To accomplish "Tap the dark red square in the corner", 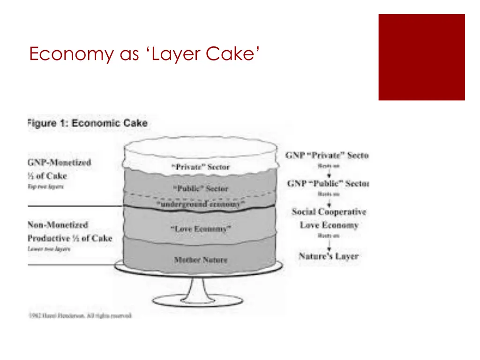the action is point(421,57).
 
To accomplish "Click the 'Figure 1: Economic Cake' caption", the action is point(88,123).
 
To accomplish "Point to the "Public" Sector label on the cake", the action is point(201,188).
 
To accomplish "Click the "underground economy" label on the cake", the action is point(200,205).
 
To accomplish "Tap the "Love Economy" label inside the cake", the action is point(200,229).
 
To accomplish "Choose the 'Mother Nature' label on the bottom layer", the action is point(200,259).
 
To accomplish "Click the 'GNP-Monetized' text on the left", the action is point(60,163).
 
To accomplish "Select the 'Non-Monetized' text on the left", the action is point(58,225).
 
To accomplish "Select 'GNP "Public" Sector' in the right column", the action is point(328,183).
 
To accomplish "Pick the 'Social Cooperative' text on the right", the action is point(329,212).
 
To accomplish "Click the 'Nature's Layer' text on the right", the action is point(329,256).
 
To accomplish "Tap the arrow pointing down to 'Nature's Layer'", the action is point(329,244).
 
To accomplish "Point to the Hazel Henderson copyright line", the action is point(80,315).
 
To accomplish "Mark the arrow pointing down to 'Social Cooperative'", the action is point(329,202).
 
